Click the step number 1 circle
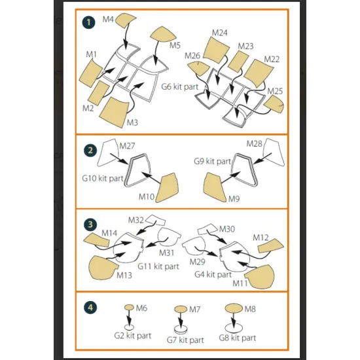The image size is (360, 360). (88, 22)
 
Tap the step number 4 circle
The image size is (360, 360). (90, 308)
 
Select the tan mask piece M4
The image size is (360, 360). (125, 20)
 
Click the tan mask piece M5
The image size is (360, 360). (163, 35)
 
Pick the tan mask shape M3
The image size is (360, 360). (114, 112)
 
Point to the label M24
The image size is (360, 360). (219, 33)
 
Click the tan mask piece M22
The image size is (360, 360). (259, 73)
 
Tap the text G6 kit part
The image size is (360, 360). (180, 87)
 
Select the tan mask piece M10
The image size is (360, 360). (167, 188)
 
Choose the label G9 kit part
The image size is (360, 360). (212, 161)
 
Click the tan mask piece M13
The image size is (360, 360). (103, 267)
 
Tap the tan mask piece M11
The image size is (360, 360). (260, 276)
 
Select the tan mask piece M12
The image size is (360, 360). (271, 246)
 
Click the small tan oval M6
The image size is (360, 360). (129, 307)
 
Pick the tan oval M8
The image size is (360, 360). (234, 308)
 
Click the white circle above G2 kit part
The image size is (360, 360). (129, 327)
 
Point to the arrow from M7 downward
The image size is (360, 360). (181, 320)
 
